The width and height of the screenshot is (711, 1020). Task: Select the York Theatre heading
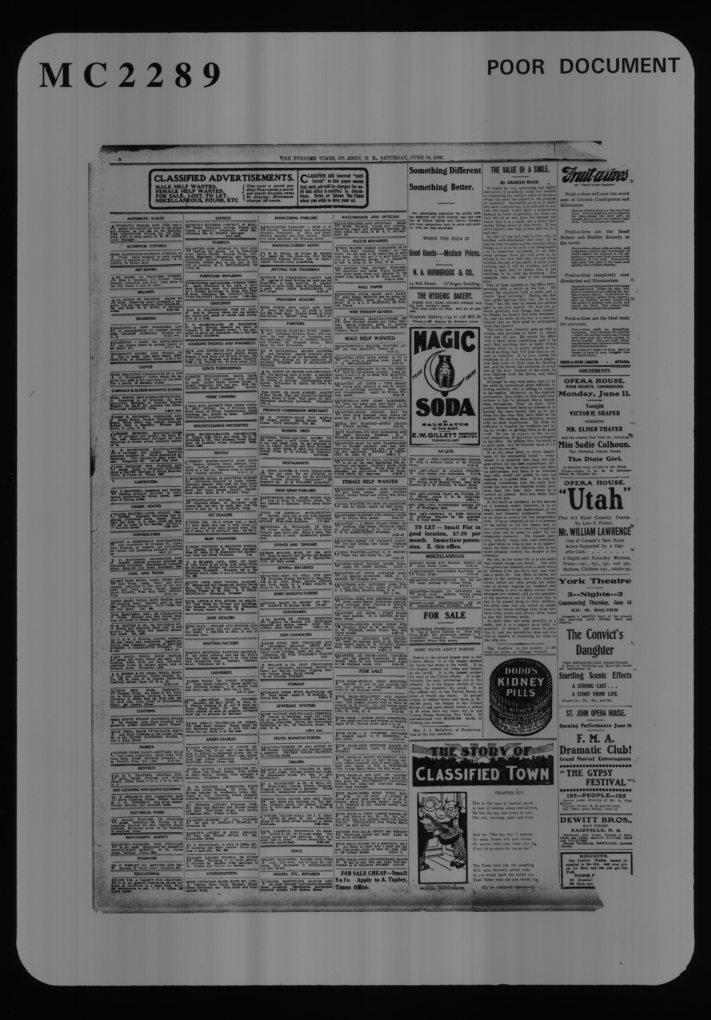click(x=594, y=581)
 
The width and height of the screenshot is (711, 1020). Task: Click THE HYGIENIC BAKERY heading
click(x=445, y=295)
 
